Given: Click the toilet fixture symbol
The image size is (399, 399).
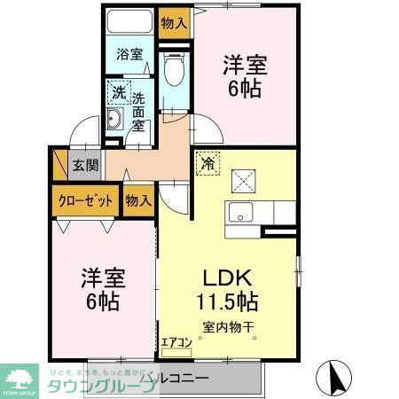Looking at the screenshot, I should coord(174,70).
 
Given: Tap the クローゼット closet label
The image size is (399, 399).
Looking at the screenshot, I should coord(86,200).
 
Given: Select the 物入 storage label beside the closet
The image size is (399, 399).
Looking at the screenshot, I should coord(138,200).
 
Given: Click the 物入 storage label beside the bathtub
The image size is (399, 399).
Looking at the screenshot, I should coord(174,20).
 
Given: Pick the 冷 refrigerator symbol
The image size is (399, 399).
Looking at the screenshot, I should coord(207,163).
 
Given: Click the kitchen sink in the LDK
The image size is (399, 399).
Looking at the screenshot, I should coord(240,214).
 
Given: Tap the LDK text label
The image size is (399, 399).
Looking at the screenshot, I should coord(228,276).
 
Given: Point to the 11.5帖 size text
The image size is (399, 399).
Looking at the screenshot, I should coord(228,301).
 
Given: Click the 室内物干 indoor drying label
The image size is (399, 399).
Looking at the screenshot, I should coord(228,327).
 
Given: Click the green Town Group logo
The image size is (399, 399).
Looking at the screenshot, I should coord(19,379).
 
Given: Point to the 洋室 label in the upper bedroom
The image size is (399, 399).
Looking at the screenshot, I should coord(245,65).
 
